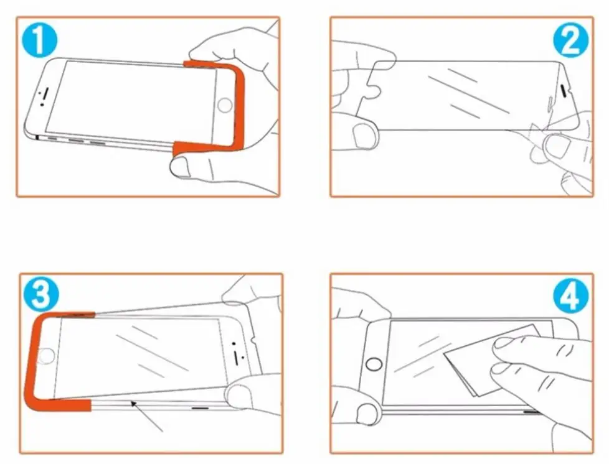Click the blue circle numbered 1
click(39, 40)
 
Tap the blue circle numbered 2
click(570, 40)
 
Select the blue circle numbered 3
click(41, 294)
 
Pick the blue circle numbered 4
click(571, 296)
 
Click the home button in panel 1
click(225, 106)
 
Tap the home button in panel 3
click(46, 356)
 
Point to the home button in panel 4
click(374, 364)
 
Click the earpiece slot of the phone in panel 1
click(44, 93)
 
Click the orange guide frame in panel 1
click(240, 109)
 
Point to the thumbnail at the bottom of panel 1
click(181, 167)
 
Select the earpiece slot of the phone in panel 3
click(236, 357)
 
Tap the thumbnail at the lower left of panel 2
click(364, 136)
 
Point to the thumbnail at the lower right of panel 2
click(557, 146)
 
